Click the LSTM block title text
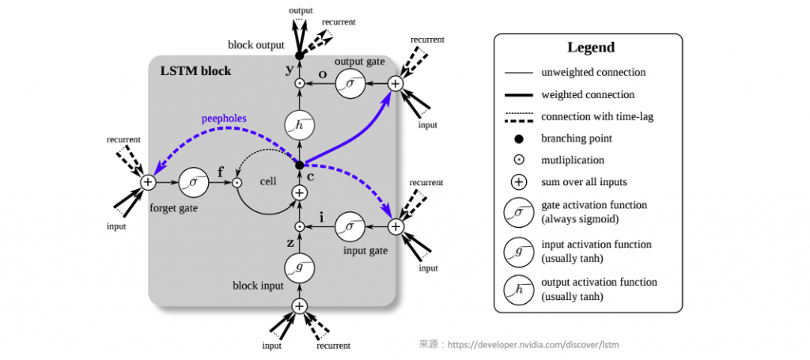195,71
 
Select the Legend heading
590,47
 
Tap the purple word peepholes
223,119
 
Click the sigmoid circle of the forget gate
194,183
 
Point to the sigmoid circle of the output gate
350,83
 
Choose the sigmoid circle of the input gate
350,227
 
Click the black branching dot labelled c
299,165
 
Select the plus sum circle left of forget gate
147,183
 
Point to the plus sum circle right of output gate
396,83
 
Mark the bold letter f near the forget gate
220,169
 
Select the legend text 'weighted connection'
587,94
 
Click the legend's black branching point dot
518,138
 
